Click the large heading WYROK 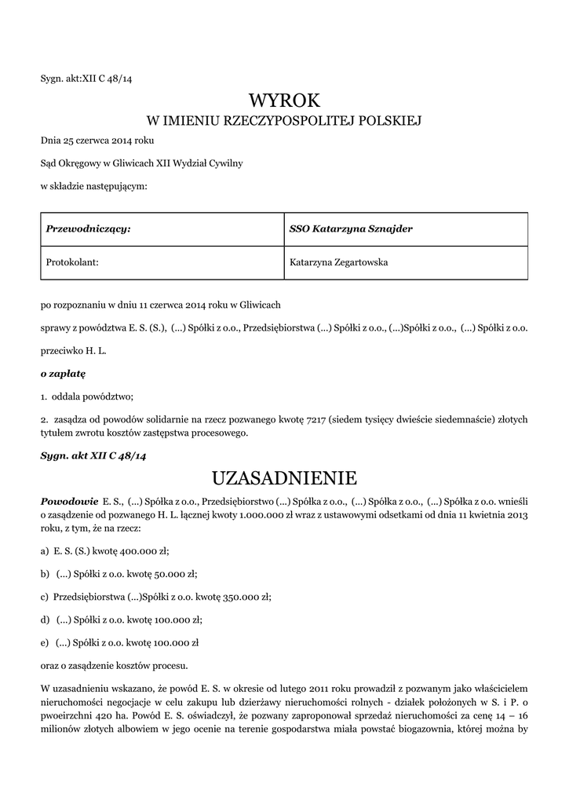284,100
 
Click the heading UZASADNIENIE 284,478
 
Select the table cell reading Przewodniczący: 89,229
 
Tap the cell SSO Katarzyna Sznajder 351,229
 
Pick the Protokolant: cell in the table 73,262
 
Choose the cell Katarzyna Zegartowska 339,262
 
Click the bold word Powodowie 67,500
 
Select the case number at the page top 91,78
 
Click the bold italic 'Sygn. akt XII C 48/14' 93,455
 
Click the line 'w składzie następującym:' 93,186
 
